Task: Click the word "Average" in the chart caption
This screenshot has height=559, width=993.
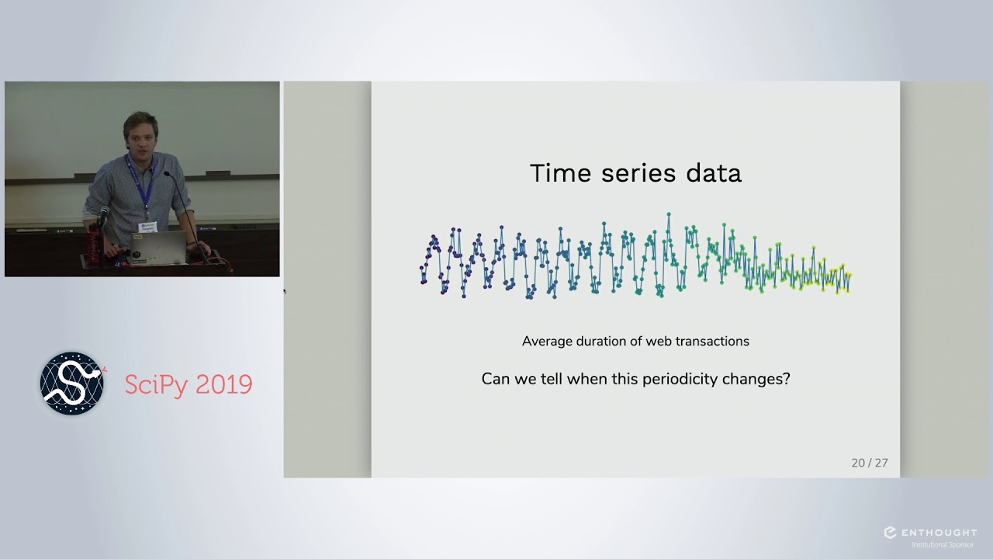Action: [546, 341]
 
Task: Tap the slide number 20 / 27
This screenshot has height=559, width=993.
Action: [869, 463]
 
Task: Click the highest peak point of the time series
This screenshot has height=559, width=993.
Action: [668, 214]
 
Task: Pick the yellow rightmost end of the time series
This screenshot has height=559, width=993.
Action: [850, 276]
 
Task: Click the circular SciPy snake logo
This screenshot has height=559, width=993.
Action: [72, 384]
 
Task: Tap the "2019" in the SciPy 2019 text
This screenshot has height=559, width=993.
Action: [224, 385]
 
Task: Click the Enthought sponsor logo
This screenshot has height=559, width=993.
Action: [930, 534]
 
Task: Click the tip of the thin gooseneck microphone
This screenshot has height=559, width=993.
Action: [166, 175]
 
